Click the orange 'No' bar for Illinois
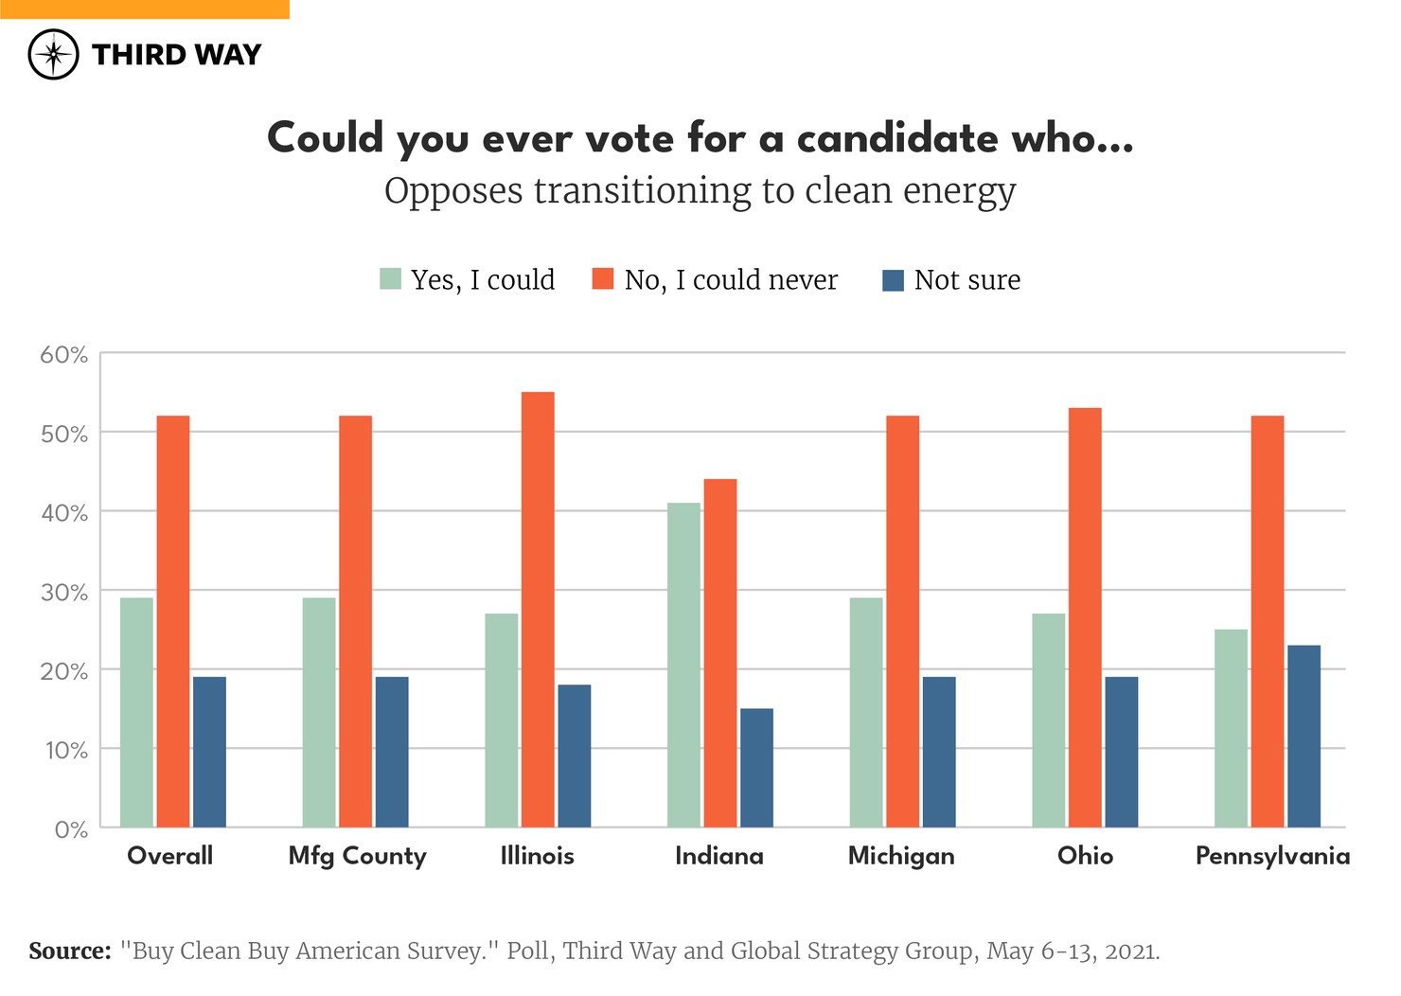point(538,610)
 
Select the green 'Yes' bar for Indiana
point(683,665)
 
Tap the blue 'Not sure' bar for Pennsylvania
point(1303,736)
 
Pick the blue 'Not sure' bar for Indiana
point(756,768)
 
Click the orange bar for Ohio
point(1085,617)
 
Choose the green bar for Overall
point(136,712)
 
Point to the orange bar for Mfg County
point(355,621)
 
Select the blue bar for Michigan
point(939,752)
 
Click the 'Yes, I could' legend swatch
point(390,279)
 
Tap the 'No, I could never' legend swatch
point(603,279)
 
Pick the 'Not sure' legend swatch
point(893,280)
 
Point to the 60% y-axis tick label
point(64,355)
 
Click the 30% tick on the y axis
point(64,593)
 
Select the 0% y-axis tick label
point(71,830)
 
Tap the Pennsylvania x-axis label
point(1272,856)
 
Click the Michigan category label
point(901,856)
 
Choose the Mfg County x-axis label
point(357,856)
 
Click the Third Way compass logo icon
point(53,54)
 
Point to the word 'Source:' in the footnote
point(70,951)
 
